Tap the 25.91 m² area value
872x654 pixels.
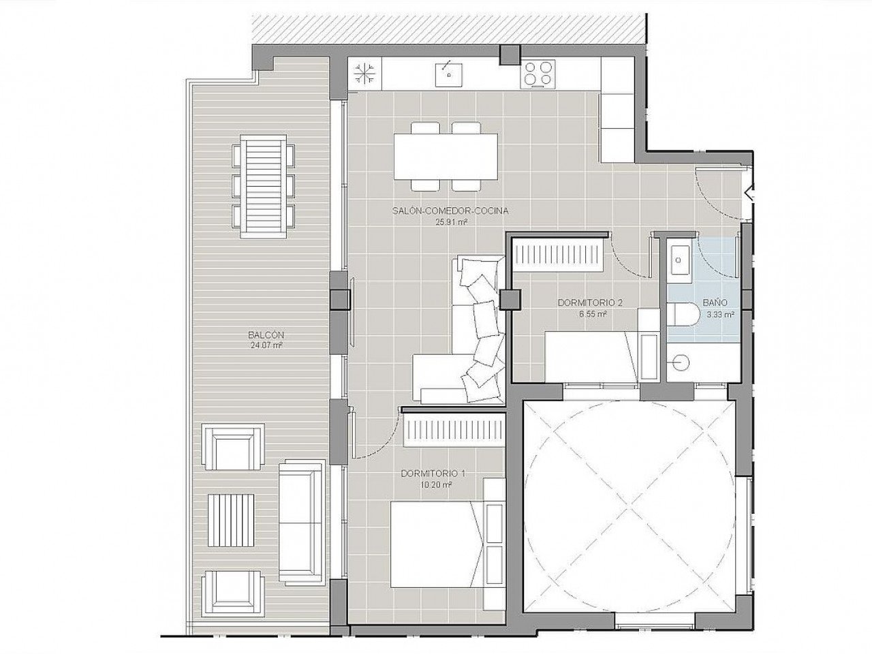coord(450,222)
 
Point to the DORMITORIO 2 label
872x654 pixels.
coord(590,302)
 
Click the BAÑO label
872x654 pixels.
coord(715,302)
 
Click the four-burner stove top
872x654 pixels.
coord(538,74)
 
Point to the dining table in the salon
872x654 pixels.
coord(446,156)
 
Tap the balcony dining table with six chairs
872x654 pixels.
coord(264,186)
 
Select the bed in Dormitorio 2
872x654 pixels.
coord(591,357)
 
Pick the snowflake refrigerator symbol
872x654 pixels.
coord(364,74)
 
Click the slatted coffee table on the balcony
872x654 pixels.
coord(231,520)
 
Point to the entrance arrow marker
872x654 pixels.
coord(749,194)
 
